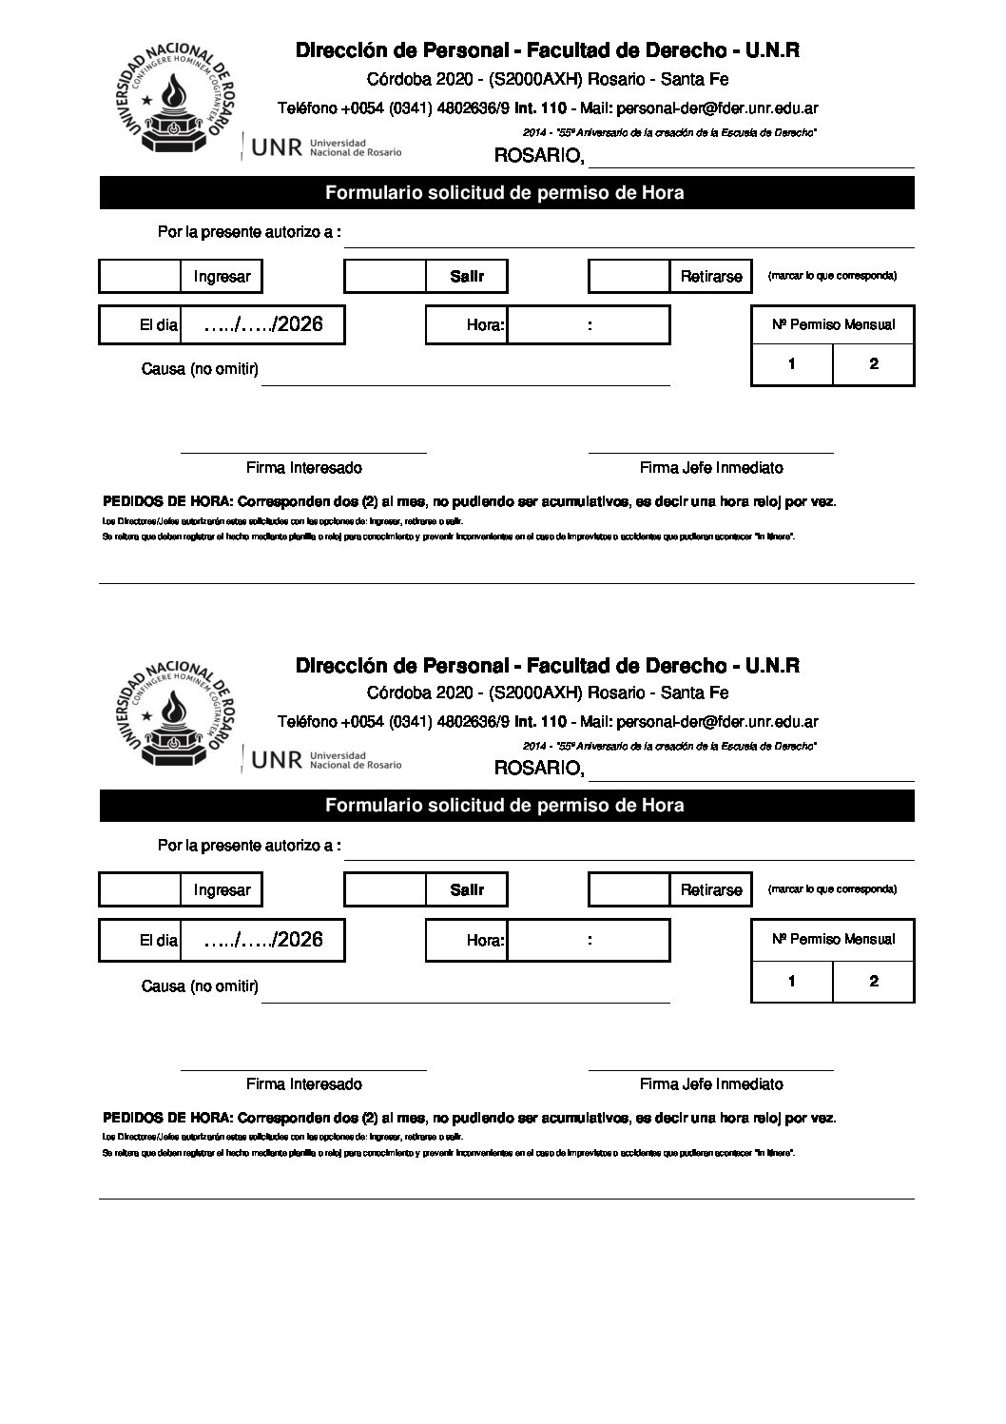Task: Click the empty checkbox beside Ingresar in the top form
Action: [x=140, y=277]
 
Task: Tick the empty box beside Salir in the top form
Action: [x=385, y=277]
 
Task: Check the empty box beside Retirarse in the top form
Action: [x=629, y=277]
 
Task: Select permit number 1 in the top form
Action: [x=792, y=363]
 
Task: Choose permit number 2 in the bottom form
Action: [x=874, y=982]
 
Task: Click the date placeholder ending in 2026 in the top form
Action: [x=263, y=324]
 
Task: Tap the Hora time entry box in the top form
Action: [x=589, y=324]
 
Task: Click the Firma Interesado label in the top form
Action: [x=303, y=468]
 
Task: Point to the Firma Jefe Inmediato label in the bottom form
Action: [x=711, y=1083]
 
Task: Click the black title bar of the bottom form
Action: [x=507, y=806]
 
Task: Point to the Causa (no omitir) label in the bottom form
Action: [x=200, y=986]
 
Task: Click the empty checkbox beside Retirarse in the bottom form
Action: [x=629, y=890]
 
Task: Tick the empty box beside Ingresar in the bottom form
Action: [x=140, y=890]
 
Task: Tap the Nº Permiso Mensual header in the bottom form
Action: [x=833, y=939]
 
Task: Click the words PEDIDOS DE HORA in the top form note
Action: [x=166, y=502]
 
